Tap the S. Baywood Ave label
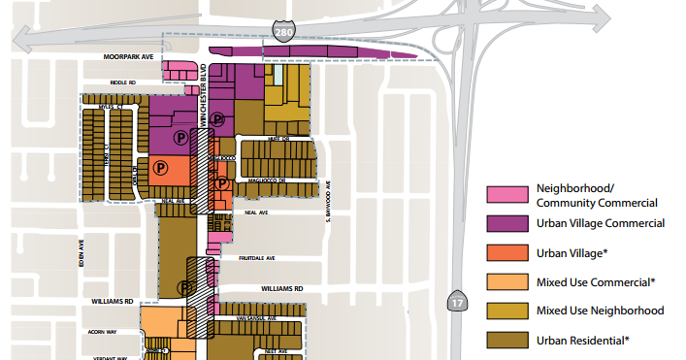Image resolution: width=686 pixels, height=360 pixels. click(x=328, y=202)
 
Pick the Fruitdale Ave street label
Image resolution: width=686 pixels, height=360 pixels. click(x=257, y=259)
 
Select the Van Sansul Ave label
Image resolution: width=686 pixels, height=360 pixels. click(x=255, y=317)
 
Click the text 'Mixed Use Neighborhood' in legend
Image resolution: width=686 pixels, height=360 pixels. click(x=600, y=311)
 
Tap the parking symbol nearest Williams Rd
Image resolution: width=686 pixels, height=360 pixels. click(x=184, y=287)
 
